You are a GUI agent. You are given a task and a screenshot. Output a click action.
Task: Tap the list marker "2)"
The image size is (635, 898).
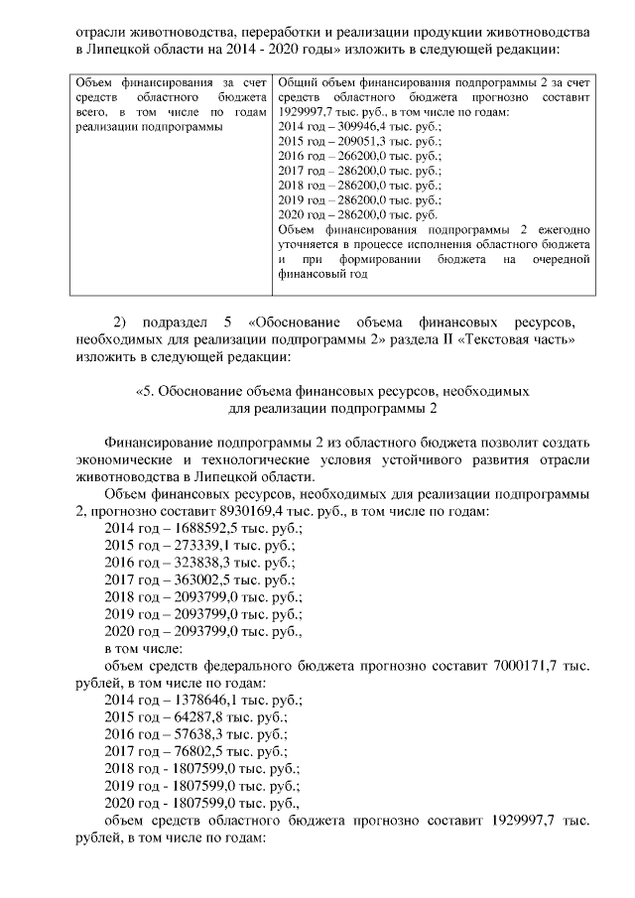[122, 322]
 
